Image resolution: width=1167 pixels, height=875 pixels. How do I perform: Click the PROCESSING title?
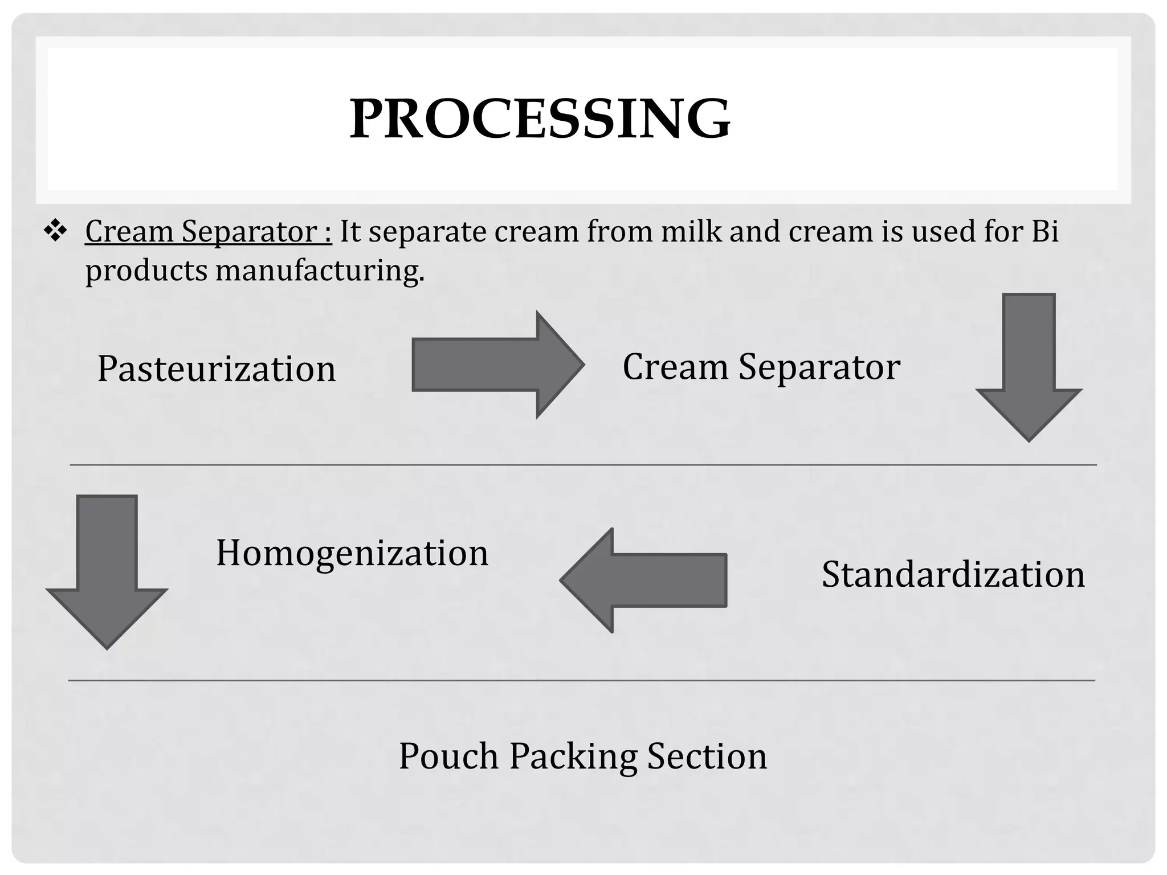pos(540,118)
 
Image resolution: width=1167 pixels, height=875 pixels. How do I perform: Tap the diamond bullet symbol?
pos(56,232)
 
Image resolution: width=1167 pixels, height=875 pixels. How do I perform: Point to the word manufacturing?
pos(320,271)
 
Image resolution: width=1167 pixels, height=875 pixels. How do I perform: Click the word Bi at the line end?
pos(1044,232)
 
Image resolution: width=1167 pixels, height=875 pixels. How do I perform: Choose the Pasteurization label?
pos(217,369)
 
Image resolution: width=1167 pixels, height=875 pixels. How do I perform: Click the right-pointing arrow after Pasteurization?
pos(497,365)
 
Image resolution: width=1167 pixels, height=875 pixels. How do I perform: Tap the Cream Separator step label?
pos(761,367)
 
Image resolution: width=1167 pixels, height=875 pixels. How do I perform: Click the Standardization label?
pos(953,574)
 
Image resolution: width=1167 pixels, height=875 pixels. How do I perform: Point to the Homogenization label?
pos(352,553)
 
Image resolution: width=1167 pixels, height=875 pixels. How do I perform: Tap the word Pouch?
pos(448,757)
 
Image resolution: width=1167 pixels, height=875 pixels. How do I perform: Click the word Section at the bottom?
pos(707,757)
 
